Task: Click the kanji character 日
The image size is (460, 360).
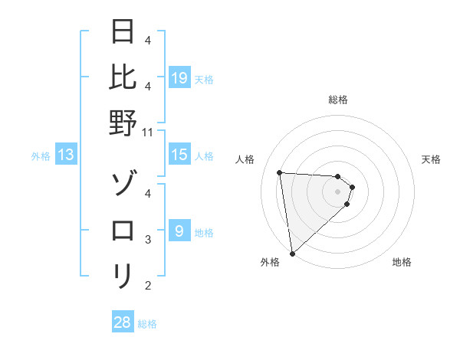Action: pos(123,33)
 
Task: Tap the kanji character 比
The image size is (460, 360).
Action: pos(123,77)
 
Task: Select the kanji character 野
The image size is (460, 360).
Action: pos(123,122)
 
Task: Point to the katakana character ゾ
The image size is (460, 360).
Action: pos(123,185)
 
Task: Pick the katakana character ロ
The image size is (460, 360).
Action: pos(123,229)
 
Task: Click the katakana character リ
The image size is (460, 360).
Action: pos(123,273)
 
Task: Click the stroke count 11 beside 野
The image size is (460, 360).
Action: pos(147,132)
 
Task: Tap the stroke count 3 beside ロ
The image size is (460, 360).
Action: pos(147,240)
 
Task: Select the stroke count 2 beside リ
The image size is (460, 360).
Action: pos(147,286)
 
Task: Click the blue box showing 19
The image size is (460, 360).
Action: pos(179,78)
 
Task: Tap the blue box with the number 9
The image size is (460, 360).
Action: pos(179,231)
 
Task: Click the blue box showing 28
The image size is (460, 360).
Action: pos(122,322)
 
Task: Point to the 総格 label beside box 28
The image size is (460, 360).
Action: pos(147,324)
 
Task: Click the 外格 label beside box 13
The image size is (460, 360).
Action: pos(41,156)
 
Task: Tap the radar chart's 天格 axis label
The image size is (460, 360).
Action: pos(431,159)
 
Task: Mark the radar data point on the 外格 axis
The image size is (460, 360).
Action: pos(292,254)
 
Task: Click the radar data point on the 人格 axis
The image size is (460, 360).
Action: pos(280,172)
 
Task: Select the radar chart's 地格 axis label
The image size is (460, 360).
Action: pos(402,262)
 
